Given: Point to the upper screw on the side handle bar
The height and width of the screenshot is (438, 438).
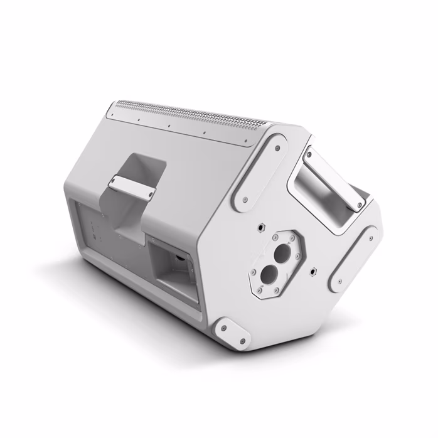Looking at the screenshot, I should pos(310,151).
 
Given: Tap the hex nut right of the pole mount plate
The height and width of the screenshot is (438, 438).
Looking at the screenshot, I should pos(312,272).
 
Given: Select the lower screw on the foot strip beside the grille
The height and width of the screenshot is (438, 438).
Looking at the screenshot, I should pos(245,201).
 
